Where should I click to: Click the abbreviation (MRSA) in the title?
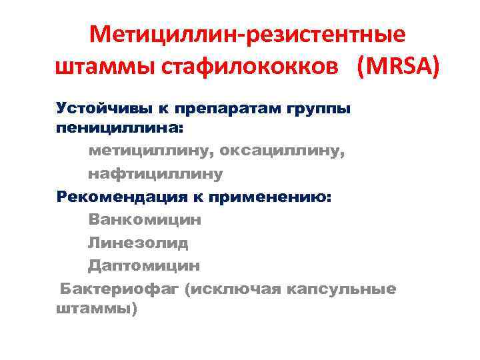pos(399,68)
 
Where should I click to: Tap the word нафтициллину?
pos(155,174)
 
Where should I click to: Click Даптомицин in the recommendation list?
pos(143,265)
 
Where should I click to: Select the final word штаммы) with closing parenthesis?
pos(97,310)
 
